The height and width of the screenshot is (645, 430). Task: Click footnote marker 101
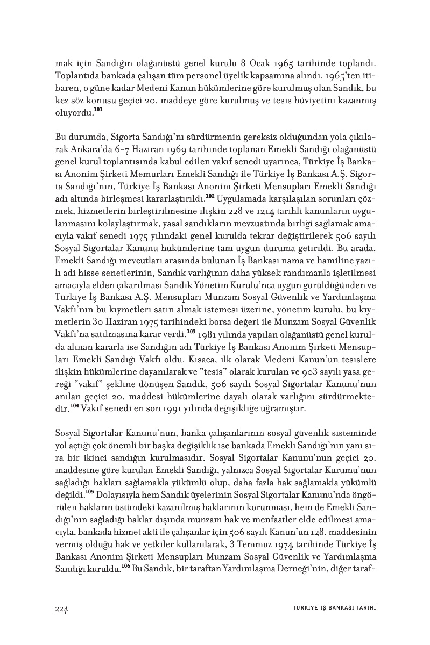tap(97, 110)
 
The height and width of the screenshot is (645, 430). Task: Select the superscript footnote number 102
tap(210, 195)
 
